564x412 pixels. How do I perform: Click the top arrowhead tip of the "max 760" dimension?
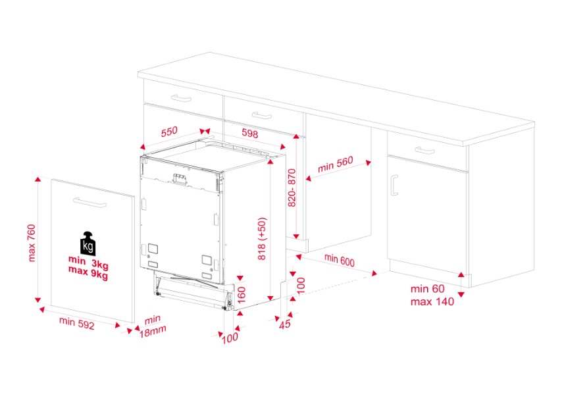coord(38,176)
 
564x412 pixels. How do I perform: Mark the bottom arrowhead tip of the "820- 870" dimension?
coord(296,239)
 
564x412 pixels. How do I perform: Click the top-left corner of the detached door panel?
coord(51,179)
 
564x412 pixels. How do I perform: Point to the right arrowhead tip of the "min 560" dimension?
coord(371,161)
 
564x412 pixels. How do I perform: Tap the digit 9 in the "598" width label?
coord(250,134)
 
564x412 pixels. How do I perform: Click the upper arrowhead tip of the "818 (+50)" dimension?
coord(270,159)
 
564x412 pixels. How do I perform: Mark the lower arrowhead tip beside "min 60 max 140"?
coord(461,297)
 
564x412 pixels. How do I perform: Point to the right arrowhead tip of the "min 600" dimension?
coord(377,274)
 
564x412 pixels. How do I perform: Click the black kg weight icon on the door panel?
coord(88,244)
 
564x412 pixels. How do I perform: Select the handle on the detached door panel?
coord(90,202)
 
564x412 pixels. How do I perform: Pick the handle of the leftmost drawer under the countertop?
coord(181,98)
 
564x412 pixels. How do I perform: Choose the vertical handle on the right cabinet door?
coord(394,185)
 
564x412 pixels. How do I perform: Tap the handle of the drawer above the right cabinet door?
coord(424,151)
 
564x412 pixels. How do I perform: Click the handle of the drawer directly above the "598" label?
coord(262,115)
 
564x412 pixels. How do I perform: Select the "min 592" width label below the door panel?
coord(77,322)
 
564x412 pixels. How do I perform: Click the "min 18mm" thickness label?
coord(153,326)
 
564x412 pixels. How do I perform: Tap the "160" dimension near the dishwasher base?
coord(242,295)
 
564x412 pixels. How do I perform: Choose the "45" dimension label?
coord(284,324)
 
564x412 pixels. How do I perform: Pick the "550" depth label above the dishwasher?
coord(169,132)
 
